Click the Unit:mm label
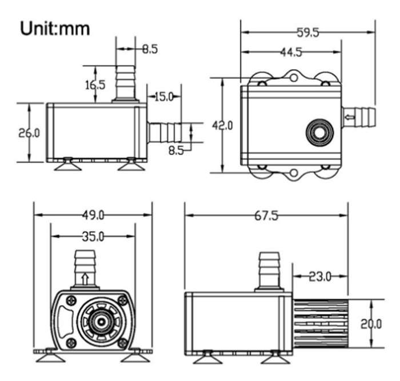click(55, 29)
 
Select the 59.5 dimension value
click(308, 33)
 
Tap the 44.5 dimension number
click(291, 53)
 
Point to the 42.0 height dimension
click(222, 125)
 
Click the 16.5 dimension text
click(95, 85)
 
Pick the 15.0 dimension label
click(164, 97)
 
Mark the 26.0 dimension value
click(29, 133)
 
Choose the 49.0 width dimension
click(93, 215)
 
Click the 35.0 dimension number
click(93, 237)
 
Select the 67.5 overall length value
click(266, 216)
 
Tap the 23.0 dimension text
click(320, 276)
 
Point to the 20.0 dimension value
click(371, 324)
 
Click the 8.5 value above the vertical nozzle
click(150, 49)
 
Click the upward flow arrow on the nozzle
click(86, 279)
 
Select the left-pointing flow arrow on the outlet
click(350, 117)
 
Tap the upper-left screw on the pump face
click(71, 300)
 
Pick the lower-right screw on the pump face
click(123, 343)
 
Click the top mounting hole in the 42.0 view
click(294, 78)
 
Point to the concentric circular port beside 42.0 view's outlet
click(319, 133)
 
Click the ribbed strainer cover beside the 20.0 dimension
click(321, 324)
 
